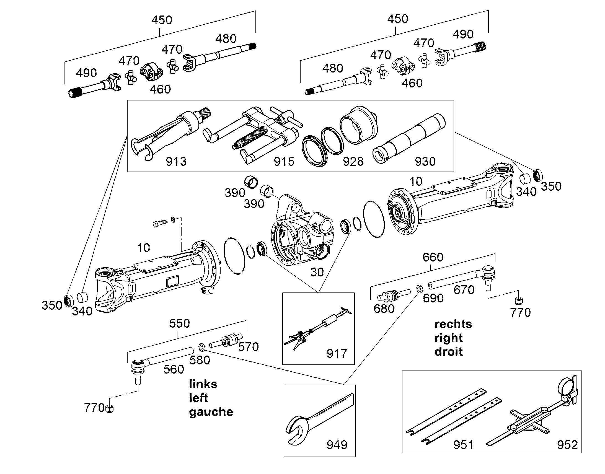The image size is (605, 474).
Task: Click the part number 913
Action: tap(176, 162)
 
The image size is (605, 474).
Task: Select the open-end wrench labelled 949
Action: tap(319, 416)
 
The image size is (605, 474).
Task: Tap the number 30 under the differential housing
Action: tap(317, 272)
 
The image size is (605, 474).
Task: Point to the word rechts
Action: tap(453, 324)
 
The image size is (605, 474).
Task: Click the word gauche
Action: tap(211, 412)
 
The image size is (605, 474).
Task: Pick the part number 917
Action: tap(337, 354)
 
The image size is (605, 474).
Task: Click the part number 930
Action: tap(425, 162)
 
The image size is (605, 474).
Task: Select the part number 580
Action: tap(200, 360)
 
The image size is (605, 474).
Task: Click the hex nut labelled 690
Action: tap(420, 289)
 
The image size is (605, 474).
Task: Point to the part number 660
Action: tap(433, 258)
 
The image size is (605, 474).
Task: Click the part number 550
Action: tap(180, 323)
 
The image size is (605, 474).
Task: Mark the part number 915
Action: tap(284, 162)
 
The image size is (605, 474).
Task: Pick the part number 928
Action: tap(353, 162)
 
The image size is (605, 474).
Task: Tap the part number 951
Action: tap(464, 445)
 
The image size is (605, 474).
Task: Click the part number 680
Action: tap(384, 309)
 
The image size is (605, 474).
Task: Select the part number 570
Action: tap(248, 347)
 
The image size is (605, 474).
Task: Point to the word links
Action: tap(203, 384)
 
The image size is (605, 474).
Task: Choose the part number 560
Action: tap(174, 369)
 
